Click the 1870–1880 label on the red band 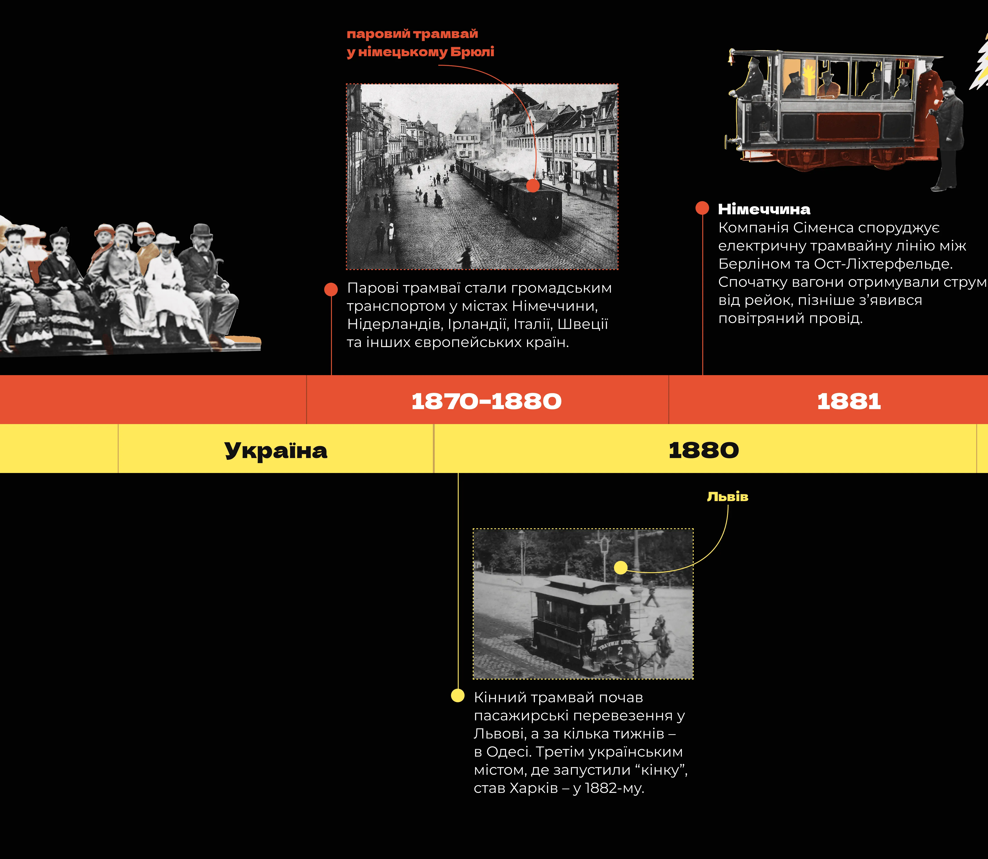[486, 401]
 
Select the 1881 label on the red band [849, 401]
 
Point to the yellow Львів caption [727, 497]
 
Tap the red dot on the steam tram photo [533, 186]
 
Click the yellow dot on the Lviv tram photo [621, 567]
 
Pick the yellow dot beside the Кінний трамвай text [458, 695]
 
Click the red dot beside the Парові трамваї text [331, 289]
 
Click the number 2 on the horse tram [620, 651]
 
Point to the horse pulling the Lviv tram [661, 642]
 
